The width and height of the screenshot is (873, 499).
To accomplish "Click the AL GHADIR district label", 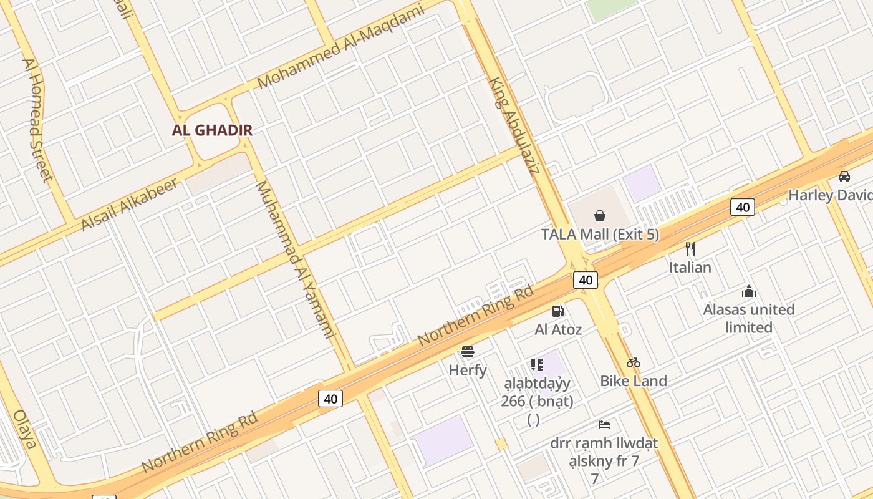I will pyautogui.click(x=213, y=130).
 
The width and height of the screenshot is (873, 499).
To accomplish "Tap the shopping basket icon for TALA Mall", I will pyautogui.click(x=599, y=216).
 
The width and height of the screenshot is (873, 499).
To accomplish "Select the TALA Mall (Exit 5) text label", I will pyautogui.click(x=600, y=235).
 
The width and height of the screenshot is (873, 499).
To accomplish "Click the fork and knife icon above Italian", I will pyautogui.click(x=690, y=249).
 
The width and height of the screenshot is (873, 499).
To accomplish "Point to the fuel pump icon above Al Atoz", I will pyautogui.click(x=557, y=311).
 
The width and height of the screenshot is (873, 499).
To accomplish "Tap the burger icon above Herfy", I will pyautogui.click(x=468, y=352).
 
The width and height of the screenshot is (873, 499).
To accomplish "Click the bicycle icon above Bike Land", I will pyautogui.click(x=634, y=362).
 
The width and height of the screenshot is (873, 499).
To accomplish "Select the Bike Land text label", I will pyautogui.click(x=634, y=380).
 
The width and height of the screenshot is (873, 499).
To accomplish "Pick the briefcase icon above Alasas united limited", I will pyautogui.click(x=749, y=291).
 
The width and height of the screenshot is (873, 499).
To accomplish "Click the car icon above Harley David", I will pyautogui.click(x=844, y=177).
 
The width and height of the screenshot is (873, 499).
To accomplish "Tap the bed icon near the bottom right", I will pyautogui.click(x=604, y=425).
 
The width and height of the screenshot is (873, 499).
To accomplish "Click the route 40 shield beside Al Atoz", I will pyautogui.click(x=586, y=280).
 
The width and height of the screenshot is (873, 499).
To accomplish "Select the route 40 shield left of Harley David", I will pyautogui.click(x=743, y=207).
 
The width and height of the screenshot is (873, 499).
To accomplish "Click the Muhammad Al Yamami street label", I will pyautogui.click(x=296, y=259).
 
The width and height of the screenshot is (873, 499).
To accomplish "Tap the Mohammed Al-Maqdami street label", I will pyautogui.click(x=340, y=46).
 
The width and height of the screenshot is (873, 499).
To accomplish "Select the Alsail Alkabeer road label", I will pyautogui.click(x=130, y=204).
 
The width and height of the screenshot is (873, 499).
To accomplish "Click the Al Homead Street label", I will pyautogui.click(x=37, y=120).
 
